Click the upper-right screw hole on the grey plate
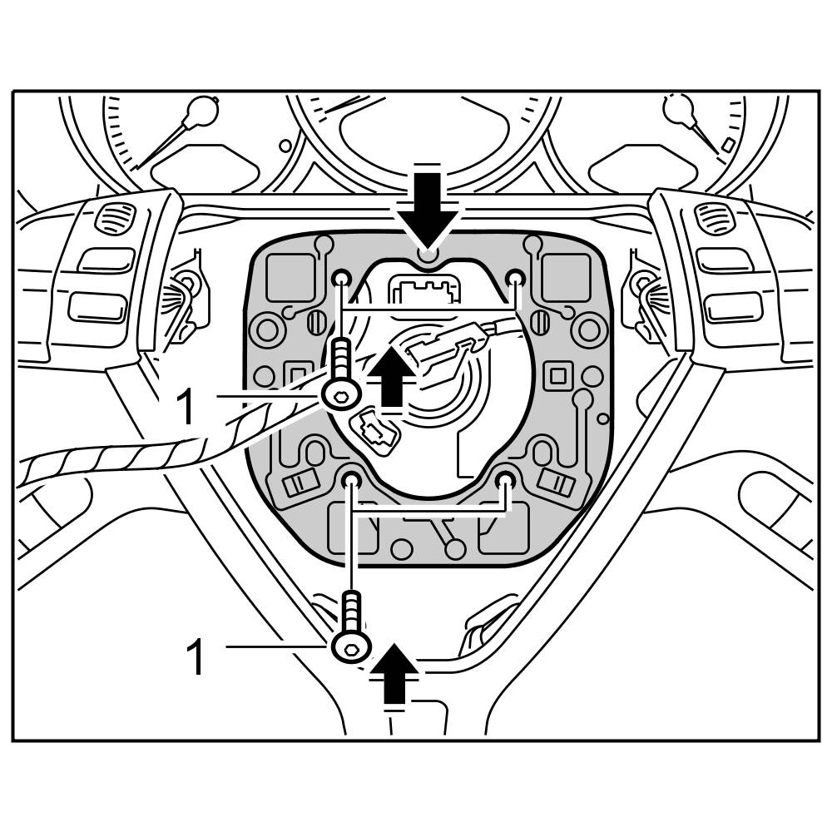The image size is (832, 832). [x=515, y=277]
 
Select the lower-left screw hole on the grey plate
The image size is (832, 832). [x=351, y=478]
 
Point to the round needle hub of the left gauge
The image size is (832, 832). [x=201, y=109]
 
